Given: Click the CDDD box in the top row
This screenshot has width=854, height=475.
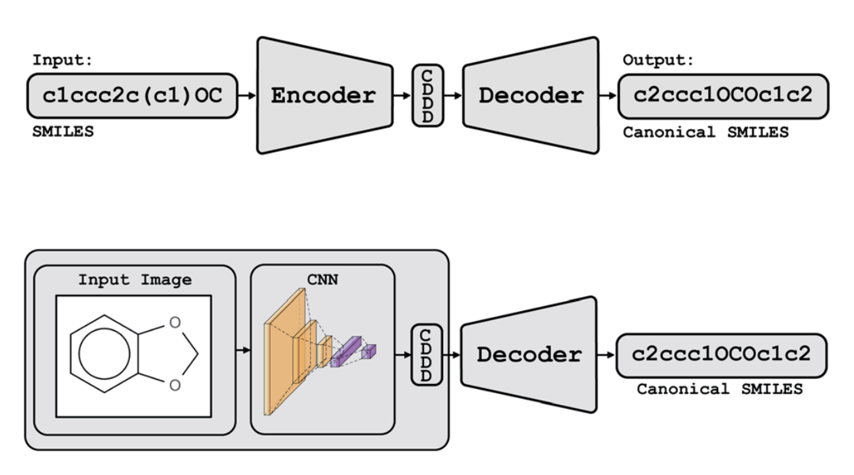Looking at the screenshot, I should coord(428,96).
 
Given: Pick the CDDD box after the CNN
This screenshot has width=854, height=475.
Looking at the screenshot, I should coord(426,355).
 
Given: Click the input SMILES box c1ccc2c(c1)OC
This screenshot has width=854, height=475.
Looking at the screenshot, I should coord(132,96).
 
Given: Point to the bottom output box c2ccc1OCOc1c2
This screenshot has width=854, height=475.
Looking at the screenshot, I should coord(721,355).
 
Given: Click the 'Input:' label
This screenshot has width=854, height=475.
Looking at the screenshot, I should coord(62,60).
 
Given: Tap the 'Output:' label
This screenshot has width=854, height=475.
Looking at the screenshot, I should coord(658,60).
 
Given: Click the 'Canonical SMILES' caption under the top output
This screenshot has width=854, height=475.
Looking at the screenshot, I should coord(706,132).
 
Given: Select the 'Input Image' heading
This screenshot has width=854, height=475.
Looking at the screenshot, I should coord(135,280).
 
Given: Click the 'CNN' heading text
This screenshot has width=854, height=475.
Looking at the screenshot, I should coord(323,280).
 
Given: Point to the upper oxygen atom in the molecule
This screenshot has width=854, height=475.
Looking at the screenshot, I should coord(175,322).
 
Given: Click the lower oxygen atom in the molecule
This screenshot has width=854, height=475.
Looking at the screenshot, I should coord(175,385).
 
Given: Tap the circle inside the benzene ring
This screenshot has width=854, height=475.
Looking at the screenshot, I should coord(104,354).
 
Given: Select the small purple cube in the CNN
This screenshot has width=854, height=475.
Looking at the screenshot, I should coord(369,351).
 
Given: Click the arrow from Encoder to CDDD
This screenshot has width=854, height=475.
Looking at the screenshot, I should coord(402,96).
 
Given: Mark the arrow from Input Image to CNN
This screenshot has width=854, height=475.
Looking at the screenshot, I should coord(243,350).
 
